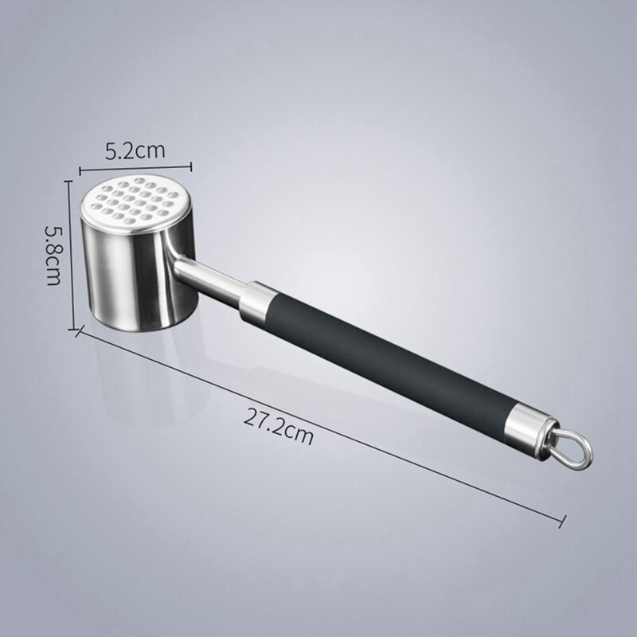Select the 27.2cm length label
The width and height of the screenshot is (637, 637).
tap(278, 435)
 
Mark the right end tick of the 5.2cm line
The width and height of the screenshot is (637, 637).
tap(191, 166)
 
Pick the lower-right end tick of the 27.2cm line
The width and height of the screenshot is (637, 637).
tap(563, 521)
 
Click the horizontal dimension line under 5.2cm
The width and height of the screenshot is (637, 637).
tap(135, 167)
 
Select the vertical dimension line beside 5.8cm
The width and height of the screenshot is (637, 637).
tap(71, 255)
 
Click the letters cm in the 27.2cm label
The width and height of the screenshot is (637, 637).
tap(299, 436)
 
